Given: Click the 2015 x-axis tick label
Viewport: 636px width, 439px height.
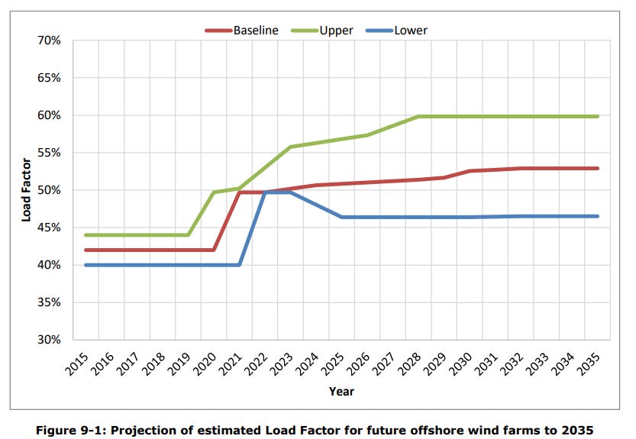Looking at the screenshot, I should tap(79, 362).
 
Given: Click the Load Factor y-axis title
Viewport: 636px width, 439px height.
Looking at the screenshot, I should tap(26, 190).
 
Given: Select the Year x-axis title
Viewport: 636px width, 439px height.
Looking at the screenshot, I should tap(341, 391).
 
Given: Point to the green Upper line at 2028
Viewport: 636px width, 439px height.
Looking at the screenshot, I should tap(418, 117).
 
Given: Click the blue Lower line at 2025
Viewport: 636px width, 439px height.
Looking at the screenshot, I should tap(342, 217).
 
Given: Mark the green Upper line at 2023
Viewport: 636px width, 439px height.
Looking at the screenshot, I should tap(291, 147).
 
